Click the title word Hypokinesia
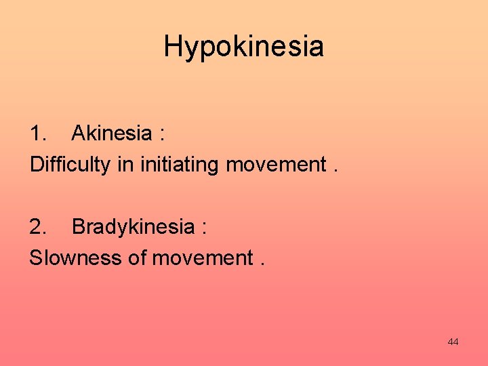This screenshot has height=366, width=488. coord(243,47)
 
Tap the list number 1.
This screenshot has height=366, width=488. coord(38,133)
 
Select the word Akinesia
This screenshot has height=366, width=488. coord(111,133)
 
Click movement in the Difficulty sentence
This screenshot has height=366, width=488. coord(276,165)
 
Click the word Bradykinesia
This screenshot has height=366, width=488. coord(132,226)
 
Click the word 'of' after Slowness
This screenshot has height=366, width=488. coord(135,258)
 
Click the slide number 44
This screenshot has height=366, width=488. coord(453,342)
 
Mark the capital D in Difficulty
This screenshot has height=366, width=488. coord(36,165)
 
